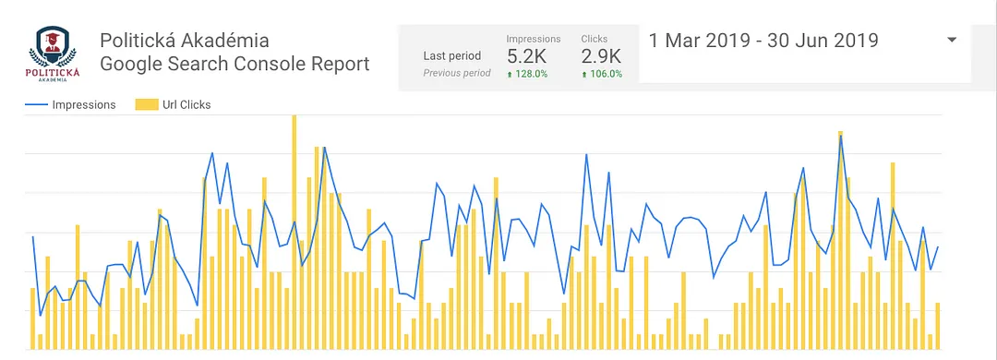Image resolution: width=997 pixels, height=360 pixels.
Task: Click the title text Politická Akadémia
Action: coord(185,41)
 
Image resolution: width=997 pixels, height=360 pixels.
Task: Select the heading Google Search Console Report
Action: coord(234,65)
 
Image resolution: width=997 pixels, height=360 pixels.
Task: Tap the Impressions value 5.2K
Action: coord(526,56)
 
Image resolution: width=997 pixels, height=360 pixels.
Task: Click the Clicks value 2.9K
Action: coord(601,56)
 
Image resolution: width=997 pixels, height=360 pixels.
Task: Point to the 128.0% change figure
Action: coord(530,74)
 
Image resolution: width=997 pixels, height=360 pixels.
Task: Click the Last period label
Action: coord(452,55)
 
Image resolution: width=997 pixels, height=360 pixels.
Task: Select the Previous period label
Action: coord(457,73)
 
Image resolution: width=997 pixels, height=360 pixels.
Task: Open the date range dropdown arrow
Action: coord(952,40)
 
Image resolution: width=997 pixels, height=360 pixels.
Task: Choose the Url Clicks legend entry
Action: coord(186,104)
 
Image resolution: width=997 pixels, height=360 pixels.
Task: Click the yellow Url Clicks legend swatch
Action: coord(144,104)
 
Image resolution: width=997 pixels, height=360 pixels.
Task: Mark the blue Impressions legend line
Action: coord(36,104)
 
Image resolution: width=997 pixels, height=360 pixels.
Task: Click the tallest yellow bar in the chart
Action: coord(294,231)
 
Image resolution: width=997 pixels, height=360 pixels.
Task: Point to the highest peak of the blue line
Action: coord(840,137)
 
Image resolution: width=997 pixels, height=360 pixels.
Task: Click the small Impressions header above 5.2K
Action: coord(534,39)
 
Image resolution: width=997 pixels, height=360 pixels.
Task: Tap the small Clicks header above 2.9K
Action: coord(595,39)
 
